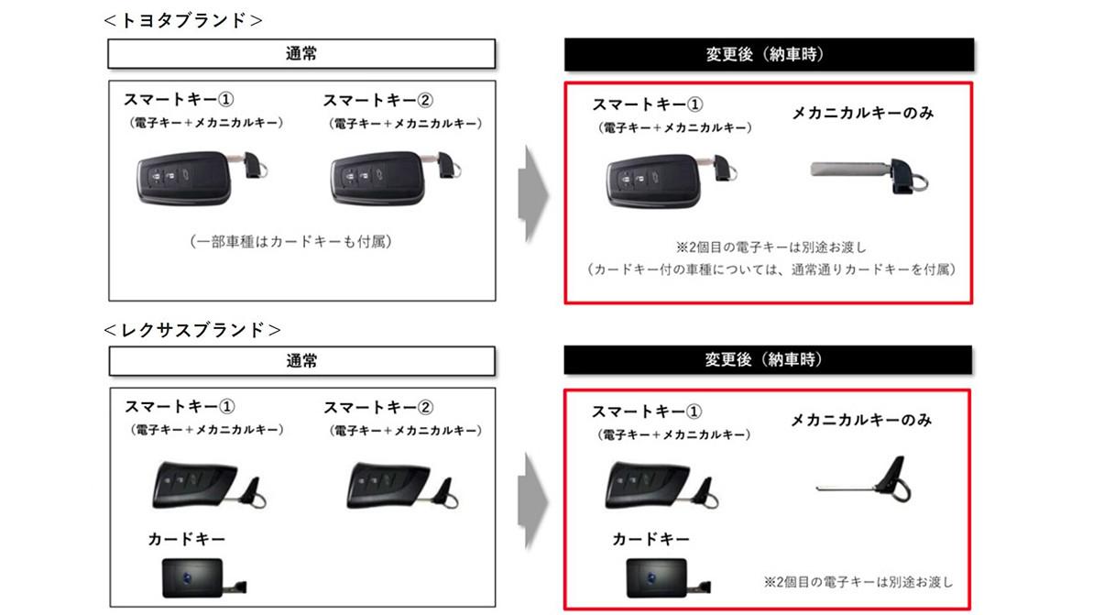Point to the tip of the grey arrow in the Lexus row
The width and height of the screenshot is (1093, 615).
(x=550, y=500)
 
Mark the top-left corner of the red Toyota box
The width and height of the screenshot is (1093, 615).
(x=564, y=82)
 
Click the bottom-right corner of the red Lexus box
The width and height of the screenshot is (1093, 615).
(x=970, y=610)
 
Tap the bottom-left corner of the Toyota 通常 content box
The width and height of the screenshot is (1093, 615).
(x=109, y=301)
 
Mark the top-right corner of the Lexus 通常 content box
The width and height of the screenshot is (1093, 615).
(x=496, y=389)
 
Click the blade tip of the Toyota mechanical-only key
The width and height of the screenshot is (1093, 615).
(x=811, y=169)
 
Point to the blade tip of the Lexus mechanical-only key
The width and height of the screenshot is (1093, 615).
(x=816, y=489)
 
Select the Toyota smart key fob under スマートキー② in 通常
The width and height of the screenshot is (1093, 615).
(x=395, y=178)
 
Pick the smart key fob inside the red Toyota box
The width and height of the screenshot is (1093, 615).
(x=672, y=181)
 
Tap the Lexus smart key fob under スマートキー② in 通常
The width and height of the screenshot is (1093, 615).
(x=402, y=485)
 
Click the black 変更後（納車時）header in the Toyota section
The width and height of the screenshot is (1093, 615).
(x=769, y=54)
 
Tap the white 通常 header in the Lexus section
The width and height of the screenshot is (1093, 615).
(x=301, y=361)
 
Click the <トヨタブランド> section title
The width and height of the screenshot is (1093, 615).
(x=182, y=21)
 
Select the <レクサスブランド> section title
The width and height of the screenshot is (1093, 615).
(x=191, y=330)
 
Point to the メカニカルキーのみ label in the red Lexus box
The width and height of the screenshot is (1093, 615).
(x=861, y=420)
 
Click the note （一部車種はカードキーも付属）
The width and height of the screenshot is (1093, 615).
(x=290, y=242)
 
